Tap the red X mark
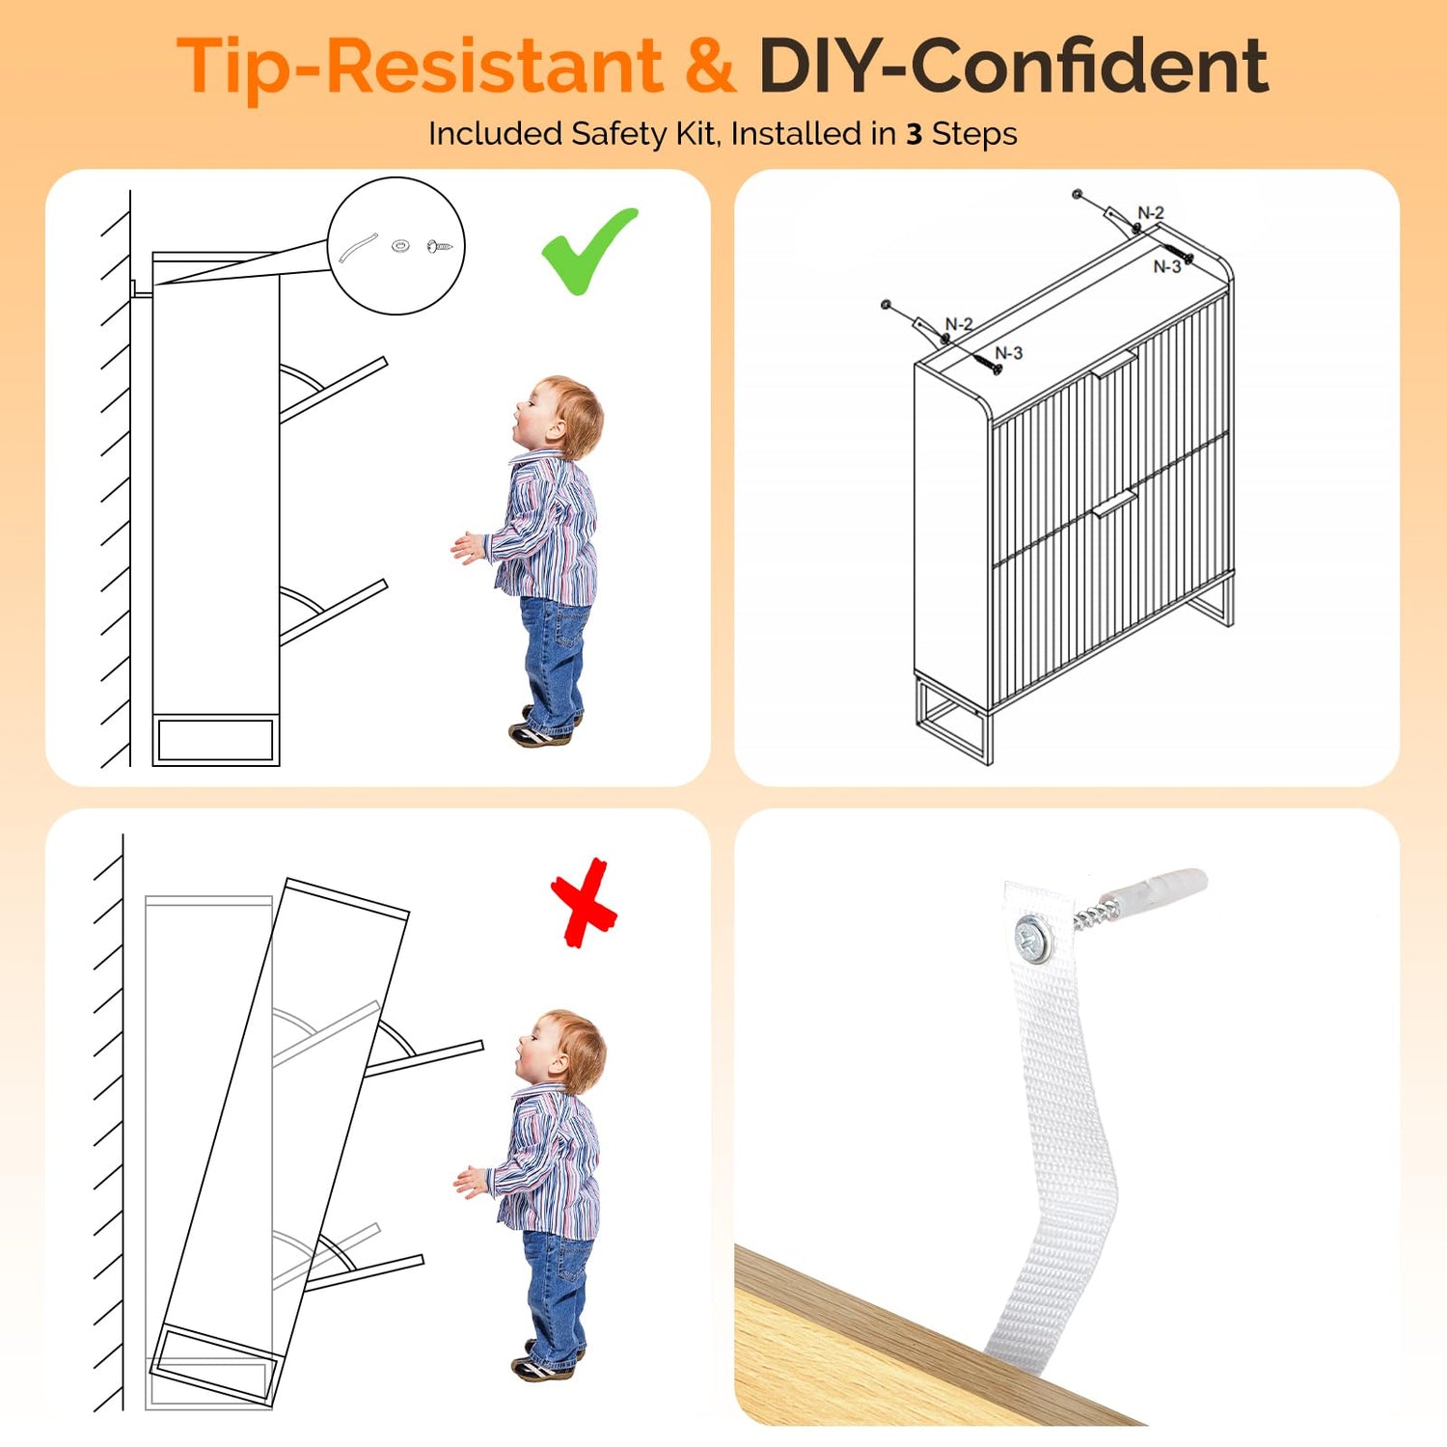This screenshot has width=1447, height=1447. point(584,904)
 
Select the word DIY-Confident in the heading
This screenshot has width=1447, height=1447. point(1013,66)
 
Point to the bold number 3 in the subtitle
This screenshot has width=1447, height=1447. point(915,134)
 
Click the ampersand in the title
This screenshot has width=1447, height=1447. point(710,66)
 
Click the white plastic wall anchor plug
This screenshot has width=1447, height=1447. point(1155,888)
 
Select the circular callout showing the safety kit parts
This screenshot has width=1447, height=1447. point(396,246)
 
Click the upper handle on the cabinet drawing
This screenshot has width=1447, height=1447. point(1114,365)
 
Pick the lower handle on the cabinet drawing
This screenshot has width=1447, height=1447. point(1114,504)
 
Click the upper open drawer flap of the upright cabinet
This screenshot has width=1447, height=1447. point(334,390)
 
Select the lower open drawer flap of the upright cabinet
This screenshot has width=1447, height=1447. point(334,612)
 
